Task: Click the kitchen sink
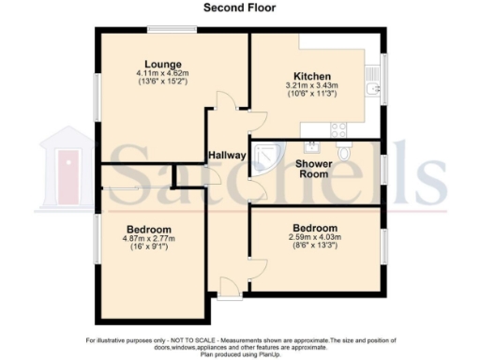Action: click(x=374, y=89)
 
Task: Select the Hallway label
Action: click(x=226, y=155)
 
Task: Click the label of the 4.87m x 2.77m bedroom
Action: click(x=148, y=230)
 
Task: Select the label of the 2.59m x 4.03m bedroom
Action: click(x=314, y=228)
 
